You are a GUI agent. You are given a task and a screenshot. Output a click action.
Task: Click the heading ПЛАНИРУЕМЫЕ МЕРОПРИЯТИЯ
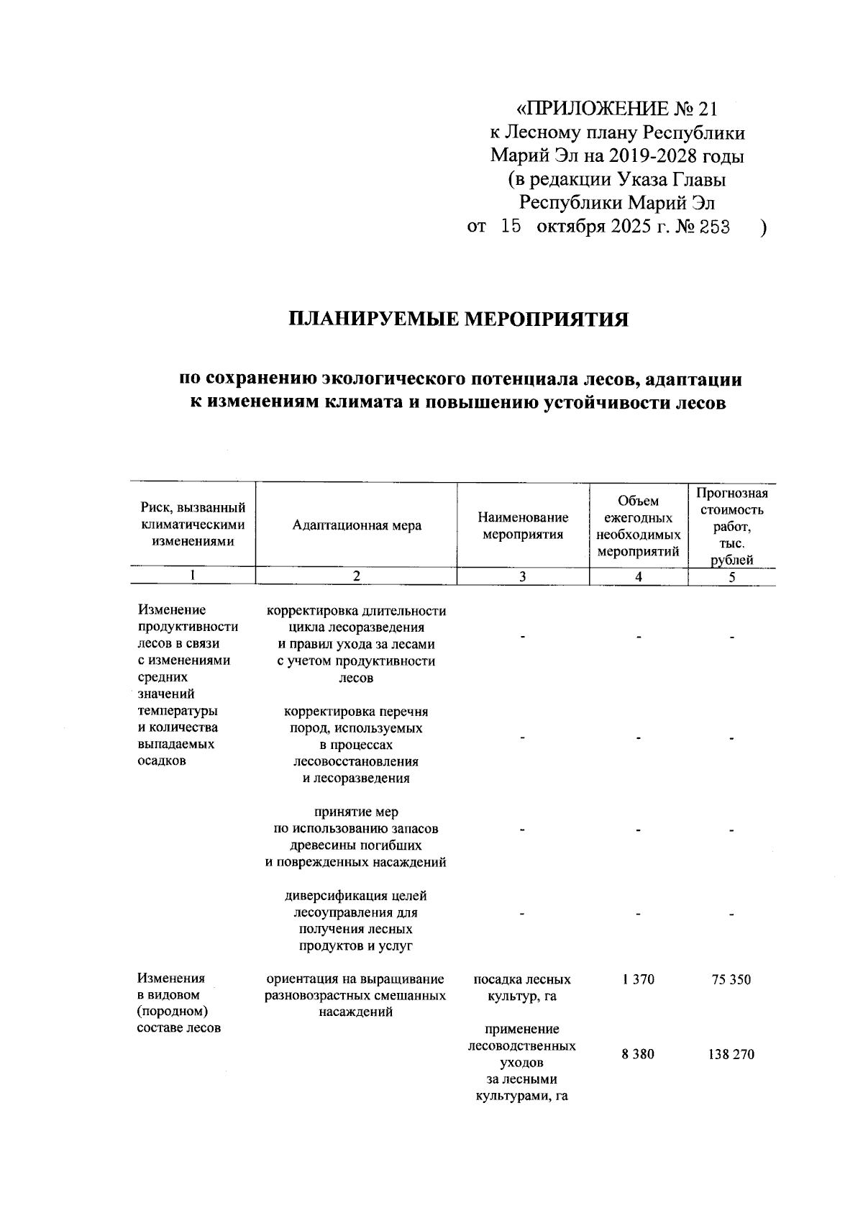[459, 319]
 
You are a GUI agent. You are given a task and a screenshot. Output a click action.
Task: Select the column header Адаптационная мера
[357, 525]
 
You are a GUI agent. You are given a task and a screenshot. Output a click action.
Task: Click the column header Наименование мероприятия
[523, 525]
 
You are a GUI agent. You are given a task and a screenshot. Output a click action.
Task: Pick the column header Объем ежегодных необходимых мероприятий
[639, 525]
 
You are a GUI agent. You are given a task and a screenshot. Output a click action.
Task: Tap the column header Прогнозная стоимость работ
[731, 525]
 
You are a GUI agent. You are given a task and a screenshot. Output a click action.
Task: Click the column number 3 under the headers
[523, 576]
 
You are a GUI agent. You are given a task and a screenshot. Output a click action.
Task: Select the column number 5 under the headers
[731, 576]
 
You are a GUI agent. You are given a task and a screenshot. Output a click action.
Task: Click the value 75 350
[731, 979]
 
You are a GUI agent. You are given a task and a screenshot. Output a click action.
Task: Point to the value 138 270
[731, 1055]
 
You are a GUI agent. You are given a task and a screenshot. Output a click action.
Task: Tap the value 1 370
[639, 979]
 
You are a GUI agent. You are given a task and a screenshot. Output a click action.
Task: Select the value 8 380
[639, 1055]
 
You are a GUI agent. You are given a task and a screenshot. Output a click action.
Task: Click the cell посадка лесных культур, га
[523, 988]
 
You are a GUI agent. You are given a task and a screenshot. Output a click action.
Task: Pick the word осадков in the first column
[162, 761]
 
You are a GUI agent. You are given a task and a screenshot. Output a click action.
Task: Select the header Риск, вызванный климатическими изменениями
[193, 525]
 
